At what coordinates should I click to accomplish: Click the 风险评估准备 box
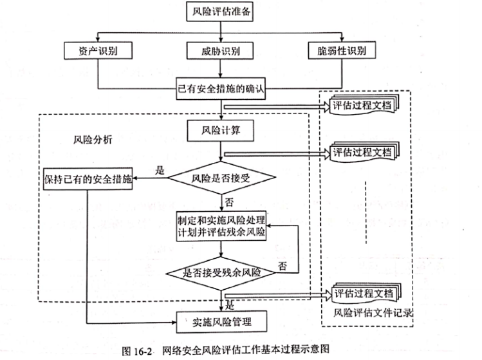tap(219, 12)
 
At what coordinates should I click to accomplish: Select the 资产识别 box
tap(98, 50)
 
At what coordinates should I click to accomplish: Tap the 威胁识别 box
tap(220, 50)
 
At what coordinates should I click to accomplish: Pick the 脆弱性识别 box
tap(342, 50)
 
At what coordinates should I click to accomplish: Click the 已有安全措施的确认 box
tap(221, 89)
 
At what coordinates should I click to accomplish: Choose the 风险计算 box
tap(220, 131)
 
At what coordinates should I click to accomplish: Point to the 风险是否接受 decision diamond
tap(221, 178)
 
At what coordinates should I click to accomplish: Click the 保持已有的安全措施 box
tap(88, 179)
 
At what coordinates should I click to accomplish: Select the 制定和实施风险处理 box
tap(221, 226)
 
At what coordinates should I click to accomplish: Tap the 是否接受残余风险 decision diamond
tap(221, 273)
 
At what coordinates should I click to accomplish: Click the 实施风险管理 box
tap(221, 322)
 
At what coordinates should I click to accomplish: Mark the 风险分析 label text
tap(93, 140)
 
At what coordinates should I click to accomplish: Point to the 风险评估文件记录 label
tap(373, 313)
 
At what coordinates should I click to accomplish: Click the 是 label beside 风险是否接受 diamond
tap(160, 170)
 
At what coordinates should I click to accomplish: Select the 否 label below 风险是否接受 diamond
tap(229, 202)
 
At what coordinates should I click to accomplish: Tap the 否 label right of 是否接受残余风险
tap(283, 266)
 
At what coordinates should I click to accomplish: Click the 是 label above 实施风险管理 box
tap(230, 305)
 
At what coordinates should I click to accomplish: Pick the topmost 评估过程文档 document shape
tap(364, 105)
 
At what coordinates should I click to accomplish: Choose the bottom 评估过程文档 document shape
tap(366, 293)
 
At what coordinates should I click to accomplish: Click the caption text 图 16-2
tap(137, 351)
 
